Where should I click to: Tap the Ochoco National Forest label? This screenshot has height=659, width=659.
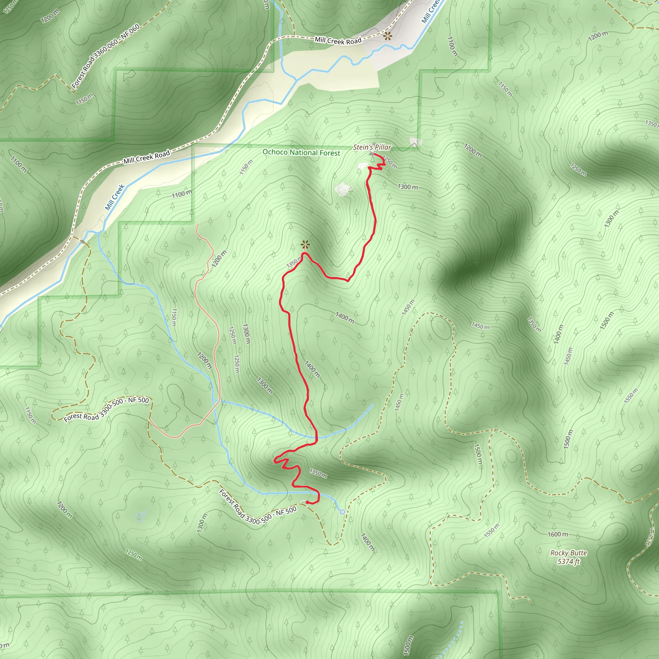(301, 153)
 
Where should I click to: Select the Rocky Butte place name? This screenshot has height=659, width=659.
(569, 553)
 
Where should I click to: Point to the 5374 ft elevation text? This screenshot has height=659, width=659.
(569, 562)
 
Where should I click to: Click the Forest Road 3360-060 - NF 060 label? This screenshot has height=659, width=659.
(106, 56)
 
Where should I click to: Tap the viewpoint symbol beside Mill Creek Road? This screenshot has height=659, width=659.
(387, 35)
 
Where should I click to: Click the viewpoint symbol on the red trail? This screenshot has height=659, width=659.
(305, 245)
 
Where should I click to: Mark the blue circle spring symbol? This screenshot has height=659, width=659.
(342, 512)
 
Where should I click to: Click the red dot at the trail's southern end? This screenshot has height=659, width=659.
(307, 502)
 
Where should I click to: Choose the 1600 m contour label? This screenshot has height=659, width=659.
(558, 534)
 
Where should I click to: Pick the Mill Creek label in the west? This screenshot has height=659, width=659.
(115, 197)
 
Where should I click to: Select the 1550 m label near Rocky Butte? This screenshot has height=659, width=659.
(492, 530)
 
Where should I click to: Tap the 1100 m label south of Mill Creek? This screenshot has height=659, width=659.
(181, 194)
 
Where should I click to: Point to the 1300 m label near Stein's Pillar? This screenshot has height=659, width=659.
(408, 187)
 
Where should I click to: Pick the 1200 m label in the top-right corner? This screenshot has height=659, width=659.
(598, 36)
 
